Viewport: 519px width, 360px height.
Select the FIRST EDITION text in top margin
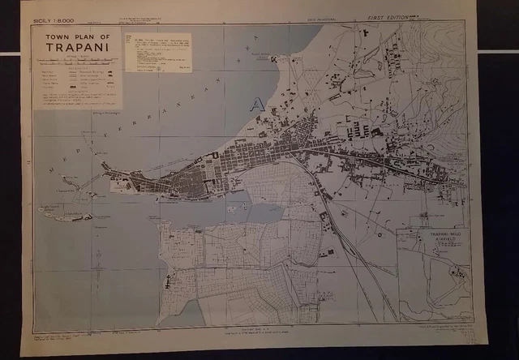click(x=389, y=17)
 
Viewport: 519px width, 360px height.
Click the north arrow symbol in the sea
click(x=273, y=58)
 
